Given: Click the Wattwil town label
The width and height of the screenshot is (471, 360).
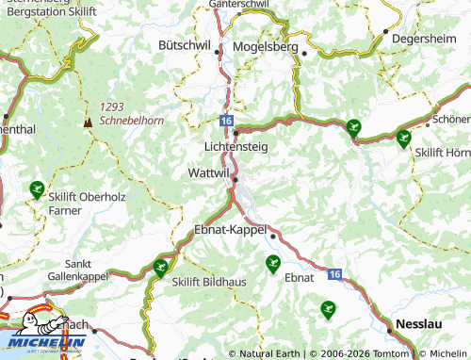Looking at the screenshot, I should pos(208,174).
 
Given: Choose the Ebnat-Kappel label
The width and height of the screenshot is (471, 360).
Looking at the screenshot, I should pos(230,229).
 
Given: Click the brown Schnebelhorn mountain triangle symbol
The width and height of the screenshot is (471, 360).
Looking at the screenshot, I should pos(88,121).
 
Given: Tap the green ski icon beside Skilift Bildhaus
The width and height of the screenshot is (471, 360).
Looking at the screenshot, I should pos(160,269).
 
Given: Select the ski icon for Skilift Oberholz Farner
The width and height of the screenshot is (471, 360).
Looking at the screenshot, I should pos(36,188).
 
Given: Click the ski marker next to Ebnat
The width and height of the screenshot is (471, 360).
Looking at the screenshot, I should pos(273,262).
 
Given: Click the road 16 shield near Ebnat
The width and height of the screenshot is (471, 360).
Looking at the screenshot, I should pos(335,273).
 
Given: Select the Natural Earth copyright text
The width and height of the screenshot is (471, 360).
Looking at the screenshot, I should pos(269,353).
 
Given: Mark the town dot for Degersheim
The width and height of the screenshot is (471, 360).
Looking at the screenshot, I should pos(386,31).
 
